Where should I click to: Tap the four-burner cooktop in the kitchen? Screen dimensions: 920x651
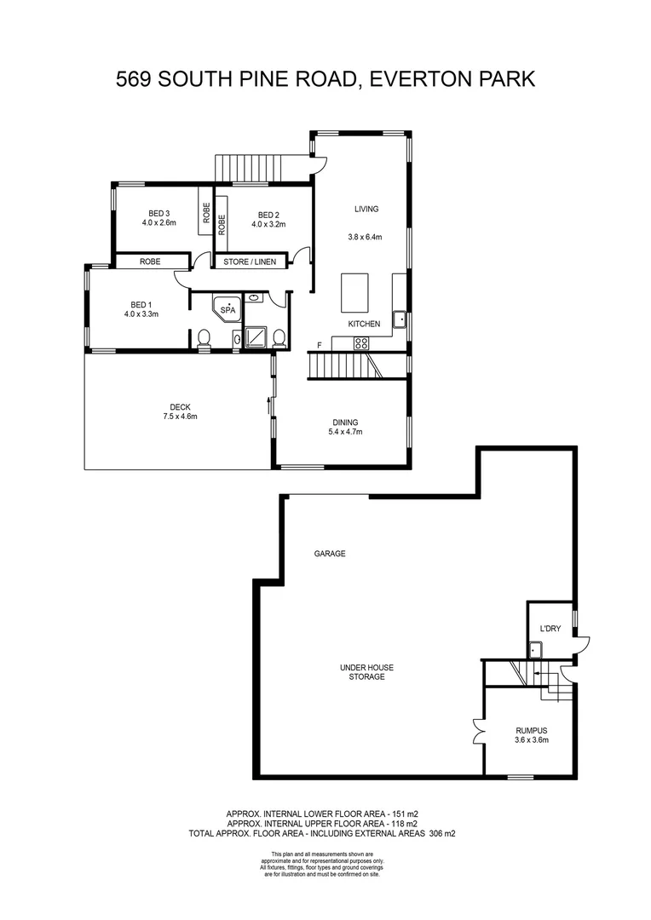[x=361, y=343]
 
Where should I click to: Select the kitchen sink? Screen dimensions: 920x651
[x=398, y=320]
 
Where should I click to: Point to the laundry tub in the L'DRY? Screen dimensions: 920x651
[x=536, y=651]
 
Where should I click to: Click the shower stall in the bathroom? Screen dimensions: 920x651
[x=256, y=338]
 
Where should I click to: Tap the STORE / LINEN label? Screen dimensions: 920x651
[x=250, y=262]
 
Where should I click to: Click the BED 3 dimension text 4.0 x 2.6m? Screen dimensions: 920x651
[x=159, y=223]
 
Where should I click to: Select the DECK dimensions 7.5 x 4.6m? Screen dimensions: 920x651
[x=180, y=417]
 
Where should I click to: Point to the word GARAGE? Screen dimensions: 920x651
[x=330, y=554]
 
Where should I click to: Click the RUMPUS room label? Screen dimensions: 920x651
[x=531, y=730]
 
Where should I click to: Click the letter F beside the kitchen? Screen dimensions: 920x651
[x=320, y=344]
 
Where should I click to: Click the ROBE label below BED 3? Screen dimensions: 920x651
[x=150, y=262]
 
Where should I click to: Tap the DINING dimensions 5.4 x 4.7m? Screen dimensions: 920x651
[x=345, y=432]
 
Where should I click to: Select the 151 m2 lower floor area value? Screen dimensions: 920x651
[x=400, y=814]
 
